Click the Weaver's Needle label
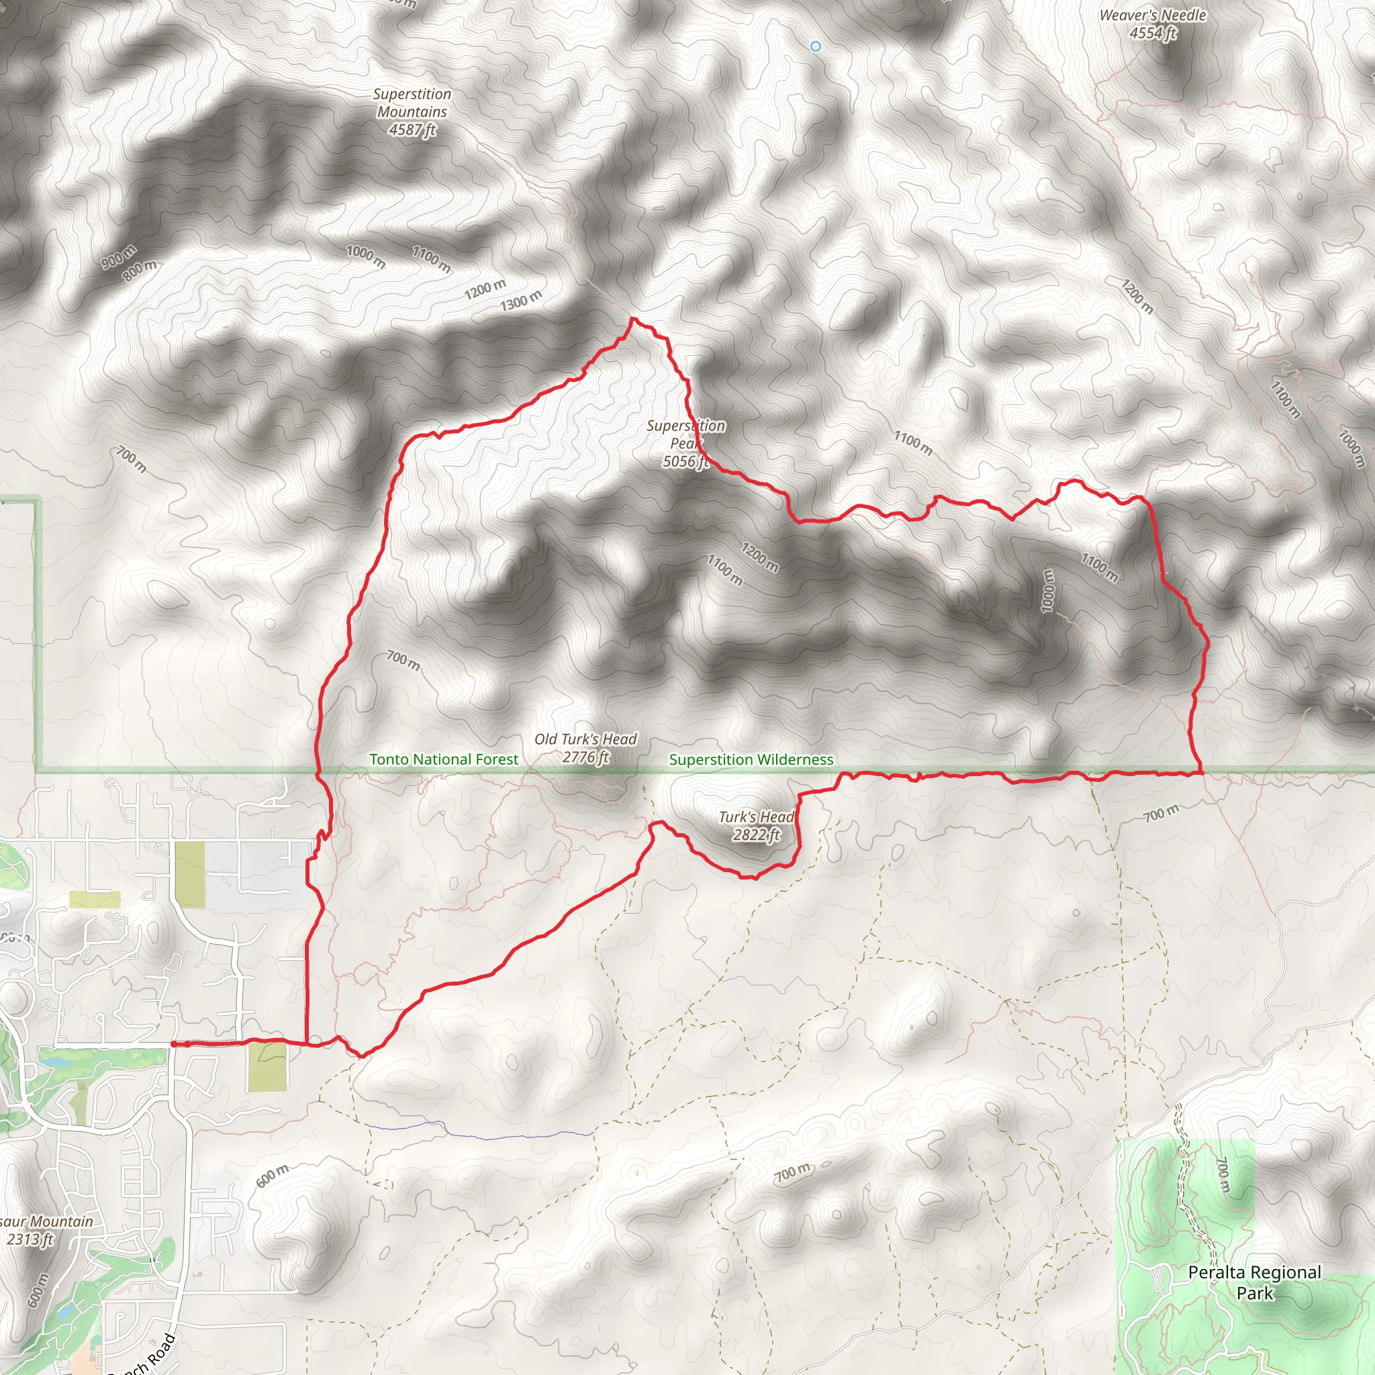point(1152,23)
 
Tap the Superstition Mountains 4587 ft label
point(412,111)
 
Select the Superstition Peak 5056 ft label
point(685,443)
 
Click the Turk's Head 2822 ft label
point(756,826)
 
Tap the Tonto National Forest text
point(443,759)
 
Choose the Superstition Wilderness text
point(751,759)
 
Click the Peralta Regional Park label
point(1254,1282)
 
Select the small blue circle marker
point(816,46)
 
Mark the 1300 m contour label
point(521,301)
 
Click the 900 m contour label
point(118,256)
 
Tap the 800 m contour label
point(140,271)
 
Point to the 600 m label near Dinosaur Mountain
point(38,1290)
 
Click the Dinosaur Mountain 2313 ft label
point(43,1230)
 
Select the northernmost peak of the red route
point(632,320)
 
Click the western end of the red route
point(173,1044)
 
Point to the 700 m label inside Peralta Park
point(1223,1176)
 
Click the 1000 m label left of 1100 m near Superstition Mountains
point(366,256)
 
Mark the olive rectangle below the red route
point(268,1067)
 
